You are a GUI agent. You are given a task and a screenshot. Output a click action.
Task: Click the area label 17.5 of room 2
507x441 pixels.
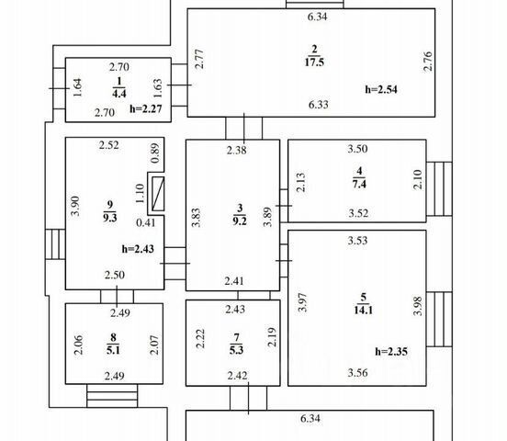(314, 62)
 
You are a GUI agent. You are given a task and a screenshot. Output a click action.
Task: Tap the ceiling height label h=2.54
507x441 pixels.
(381, 89)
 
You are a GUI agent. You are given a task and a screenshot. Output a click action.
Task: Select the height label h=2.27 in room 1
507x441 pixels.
(145, 108)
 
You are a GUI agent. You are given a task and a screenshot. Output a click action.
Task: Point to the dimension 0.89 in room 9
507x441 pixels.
(155, 153)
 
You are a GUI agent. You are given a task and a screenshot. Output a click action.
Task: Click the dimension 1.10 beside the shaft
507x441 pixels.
(140, 194)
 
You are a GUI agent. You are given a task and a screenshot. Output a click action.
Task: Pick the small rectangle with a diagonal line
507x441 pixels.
(158, 194)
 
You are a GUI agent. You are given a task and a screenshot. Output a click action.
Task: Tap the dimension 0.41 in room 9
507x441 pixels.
(146, 222)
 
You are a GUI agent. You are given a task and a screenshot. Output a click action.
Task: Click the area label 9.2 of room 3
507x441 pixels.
(240, 220)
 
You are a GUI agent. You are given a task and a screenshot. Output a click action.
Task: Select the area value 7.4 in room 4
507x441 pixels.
(359, 184)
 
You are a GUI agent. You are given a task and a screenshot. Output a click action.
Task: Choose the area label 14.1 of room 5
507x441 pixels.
(364, 310)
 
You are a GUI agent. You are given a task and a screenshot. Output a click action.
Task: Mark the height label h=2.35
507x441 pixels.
(391, 351)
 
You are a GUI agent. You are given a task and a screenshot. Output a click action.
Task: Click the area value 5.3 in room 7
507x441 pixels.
(236, 350)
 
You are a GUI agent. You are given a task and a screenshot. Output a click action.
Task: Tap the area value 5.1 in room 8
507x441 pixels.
(113, 350)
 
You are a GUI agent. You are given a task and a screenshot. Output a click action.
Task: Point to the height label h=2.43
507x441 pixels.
(138, 249)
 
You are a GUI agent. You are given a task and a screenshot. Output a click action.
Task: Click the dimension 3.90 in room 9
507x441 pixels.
(75, 206)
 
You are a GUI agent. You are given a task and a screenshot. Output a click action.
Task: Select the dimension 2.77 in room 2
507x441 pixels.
(200, 59)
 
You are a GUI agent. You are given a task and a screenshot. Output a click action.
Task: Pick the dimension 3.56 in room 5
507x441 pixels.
(357, 373)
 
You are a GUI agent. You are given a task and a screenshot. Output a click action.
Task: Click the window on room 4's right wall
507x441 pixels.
(439, 189)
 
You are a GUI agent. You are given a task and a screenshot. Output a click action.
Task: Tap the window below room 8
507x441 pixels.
(112, 396)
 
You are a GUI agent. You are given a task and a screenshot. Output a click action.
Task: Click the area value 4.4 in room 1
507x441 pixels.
(119, 94)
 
